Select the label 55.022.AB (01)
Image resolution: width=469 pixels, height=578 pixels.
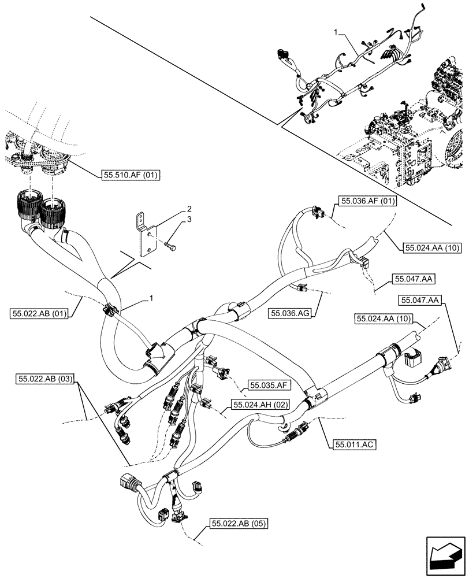[39, 314]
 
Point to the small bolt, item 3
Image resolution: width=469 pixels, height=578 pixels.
[169, 247]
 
